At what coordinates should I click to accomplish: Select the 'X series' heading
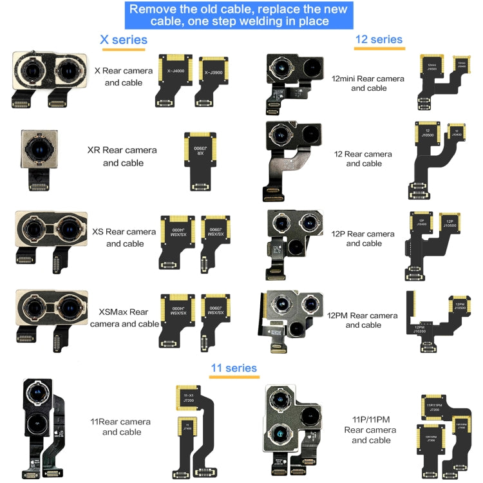(123, 40)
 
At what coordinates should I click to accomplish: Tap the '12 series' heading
(379, 40)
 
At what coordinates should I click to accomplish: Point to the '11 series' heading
(233, 368)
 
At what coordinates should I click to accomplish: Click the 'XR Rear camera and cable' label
(122, 156)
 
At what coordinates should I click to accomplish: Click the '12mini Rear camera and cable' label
(368, 83)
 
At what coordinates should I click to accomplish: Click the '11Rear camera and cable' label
(126, 426)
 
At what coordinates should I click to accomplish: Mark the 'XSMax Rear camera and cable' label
(124, 318)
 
